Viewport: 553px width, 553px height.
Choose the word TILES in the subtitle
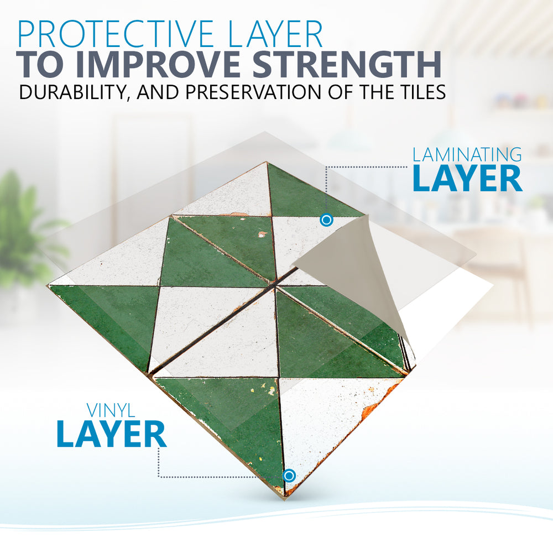420,92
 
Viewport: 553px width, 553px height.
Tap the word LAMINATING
467,155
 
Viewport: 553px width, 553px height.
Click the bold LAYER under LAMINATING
467,179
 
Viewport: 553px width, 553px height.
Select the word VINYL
111,411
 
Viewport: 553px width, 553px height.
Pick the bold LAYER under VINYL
111,434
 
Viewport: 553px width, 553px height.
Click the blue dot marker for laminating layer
327,220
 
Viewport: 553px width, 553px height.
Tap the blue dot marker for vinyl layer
289,476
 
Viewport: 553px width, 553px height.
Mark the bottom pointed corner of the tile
284,498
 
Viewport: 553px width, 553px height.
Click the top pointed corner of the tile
267,162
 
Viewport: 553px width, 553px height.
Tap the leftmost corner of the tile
49,285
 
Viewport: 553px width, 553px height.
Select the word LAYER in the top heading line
276,34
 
